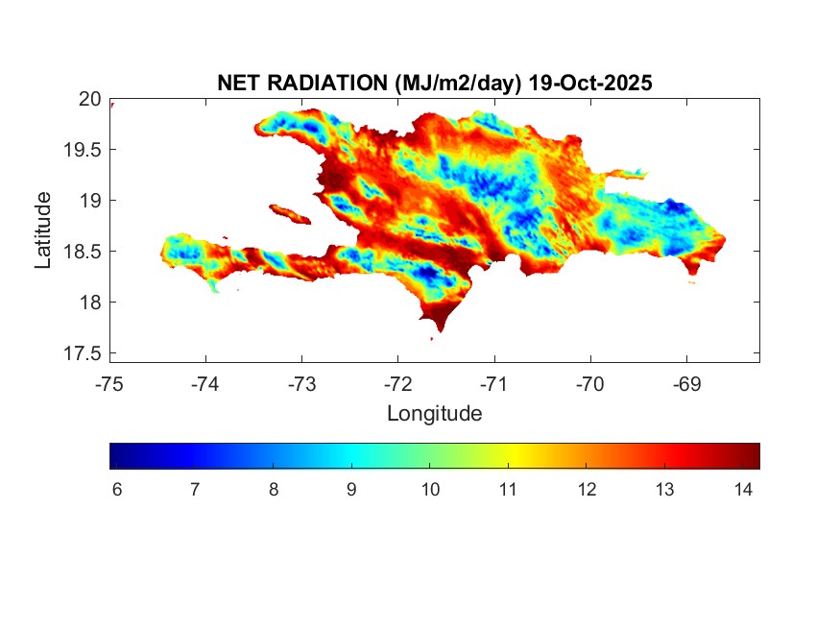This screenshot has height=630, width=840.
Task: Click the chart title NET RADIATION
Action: point(303,84)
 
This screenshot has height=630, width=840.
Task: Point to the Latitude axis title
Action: point(43,230)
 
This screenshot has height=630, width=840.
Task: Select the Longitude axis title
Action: point(434,414)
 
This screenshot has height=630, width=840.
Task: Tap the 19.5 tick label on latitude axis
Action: point(84,149)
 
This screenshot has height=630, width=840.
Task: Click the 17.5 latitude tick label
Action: point(84,353)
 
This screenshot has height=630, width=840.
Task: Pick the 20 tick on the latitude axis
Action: point(90,98)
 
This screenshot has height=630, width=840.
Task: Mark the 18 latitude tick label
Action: point(90,303)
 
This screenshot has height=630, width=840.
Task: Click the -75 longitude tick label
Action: point(109,384)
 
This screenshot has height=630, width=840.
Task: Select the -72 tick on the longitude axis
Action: point(398,384)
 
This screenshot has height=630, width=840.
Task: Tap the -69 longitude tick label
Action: point(686,384)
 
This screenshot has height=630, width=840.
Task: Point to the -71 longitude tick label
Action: point(494,384)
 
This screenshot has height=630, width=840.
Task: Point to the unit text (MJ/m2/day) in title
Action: point(459,84)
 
